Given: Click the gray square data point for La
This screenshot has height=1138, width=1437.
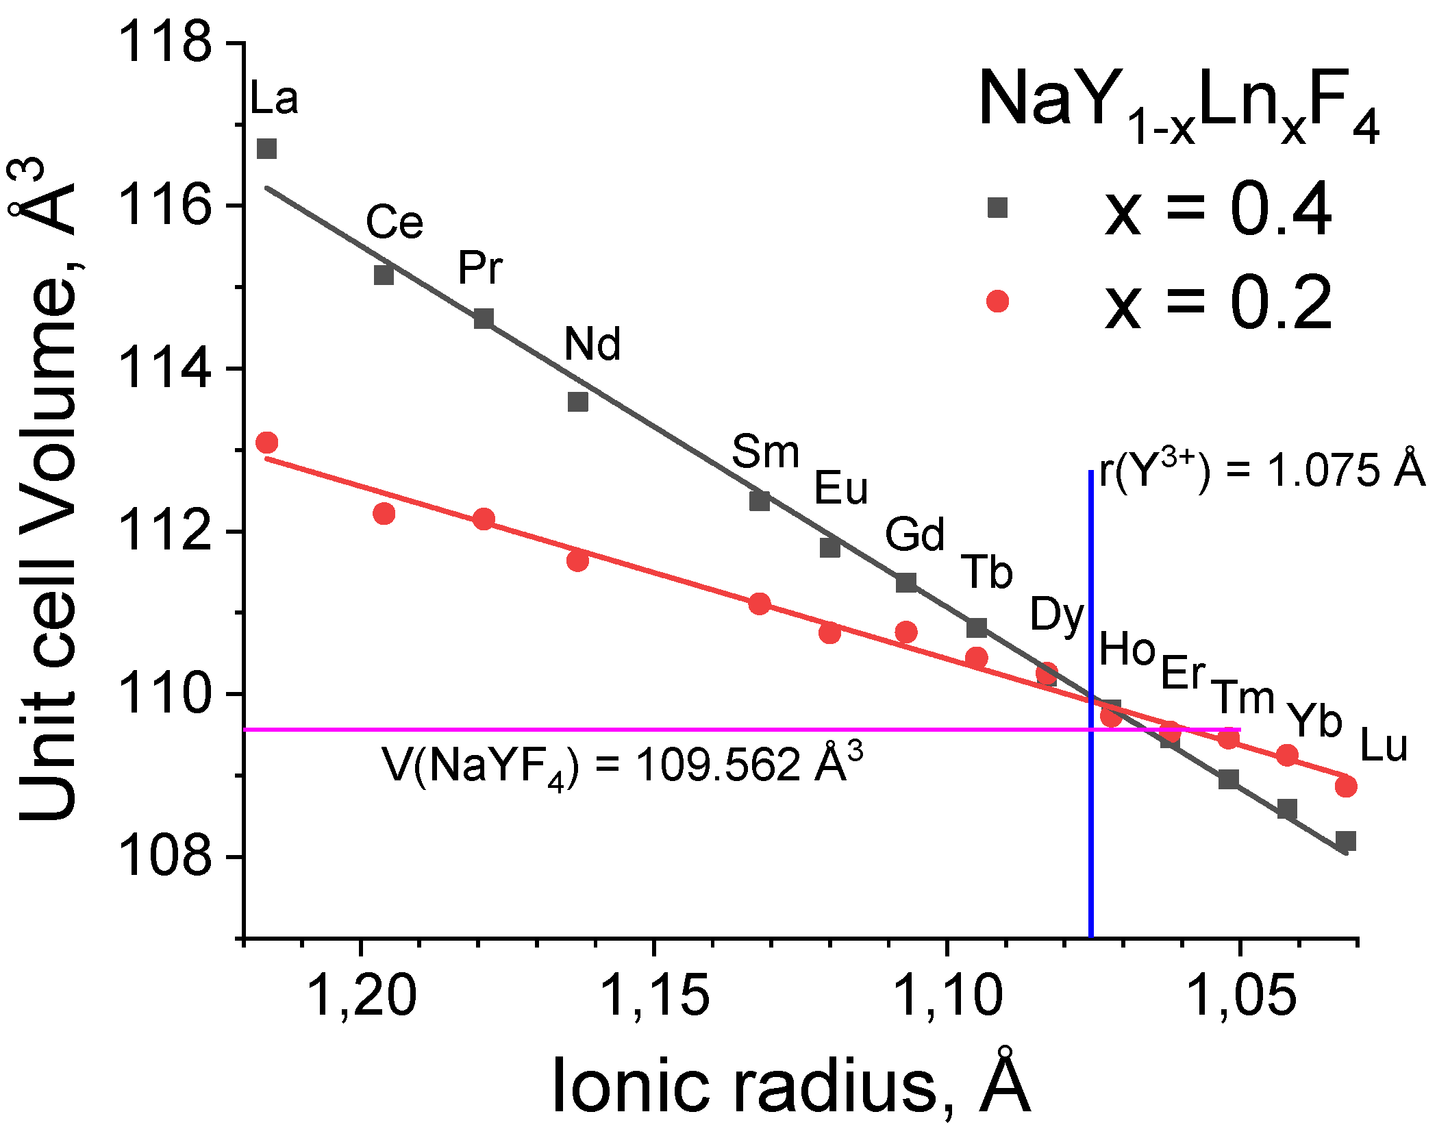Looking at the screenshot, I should coord(266,149).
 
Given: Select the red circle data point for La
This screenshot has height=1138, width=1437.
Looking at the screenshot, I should coord(266,443).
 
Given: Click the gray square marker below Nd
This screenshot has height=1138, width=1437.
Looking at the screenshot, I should coord(578,401).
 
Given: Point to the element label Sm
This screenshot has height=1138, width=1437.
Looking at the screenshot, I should coord(765,452).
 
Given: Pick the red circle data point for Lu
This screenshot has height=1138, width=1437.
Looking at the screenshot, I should coord(1345,786).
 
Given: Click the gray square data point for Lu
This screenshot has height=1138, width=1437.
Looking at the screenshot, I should coord(1345,841).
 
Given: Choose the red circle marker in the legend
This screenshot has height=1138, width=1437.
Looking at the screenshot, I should coord(997,301).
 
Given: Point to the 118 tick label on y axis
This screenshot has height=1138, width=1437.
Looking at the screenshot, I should coord(164,42).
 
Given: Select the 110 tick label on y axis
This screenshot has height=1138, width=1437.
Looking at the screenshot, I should coord(164,693).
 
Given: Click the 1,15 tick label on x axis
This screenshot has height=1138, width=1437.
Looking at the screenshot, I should coord(654,994).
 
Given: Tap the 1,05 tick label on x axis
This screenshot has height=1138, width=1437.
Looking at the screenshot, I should coord(1240,994).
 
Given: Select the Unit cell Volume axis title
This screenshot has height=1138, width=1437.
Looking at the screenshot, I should coord(48,490).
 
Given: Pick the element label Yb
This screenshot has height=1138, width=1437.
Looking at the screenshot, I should coord(1314,721).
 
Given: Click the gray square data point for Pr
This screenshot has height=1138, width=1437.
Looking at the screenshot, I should coord(484,319).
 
